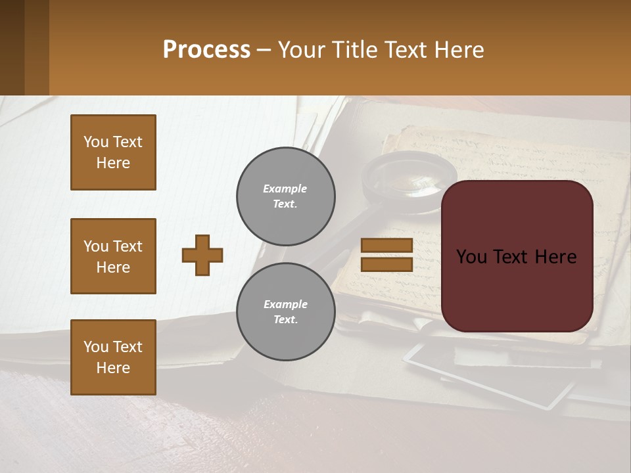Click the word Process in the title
[x=206, y=50]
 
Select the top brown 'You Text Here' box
[x=113, y=152]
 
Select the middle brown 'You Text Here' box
[x=113, y=256]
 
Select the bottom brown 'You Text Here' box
[x=113, y=357]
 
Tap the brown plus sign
[x=202, y=255]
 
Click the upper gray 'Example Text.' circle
[x=286, y=196]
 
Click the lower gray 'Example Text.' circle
[x=286, y=312]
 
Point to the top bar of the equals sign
[x=386, y=245]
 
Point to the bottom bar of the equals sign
[x=386, y=264]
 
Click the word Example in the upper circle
[x=285, y=189]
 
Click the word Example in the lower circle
[x=285, y=304]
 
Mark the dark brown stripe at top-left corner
[x=12, y=47]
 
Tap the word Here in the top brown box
[x=113, y=163]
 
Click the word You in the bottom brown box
[x=96, y=347]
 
